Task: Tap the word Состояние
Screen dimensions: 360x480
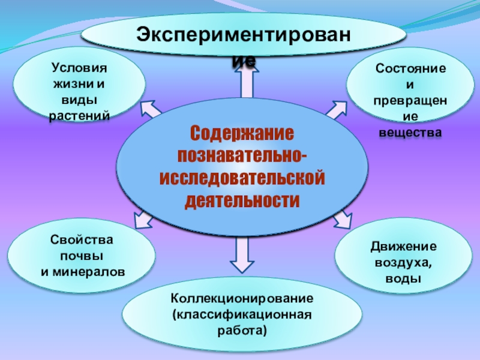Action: tap(411, 70)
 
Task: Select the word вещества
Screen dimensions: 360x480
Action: tap(411, 131)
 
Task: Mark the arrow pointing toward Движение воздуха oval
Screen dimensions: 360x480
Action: tap(342, 219)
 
